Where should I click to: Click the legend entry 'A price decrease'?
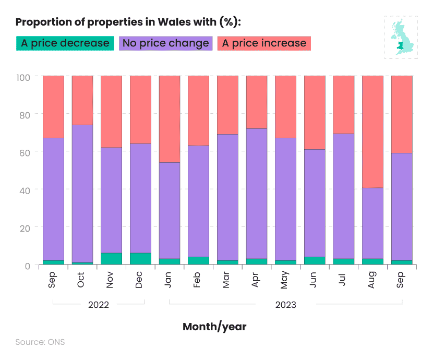[x=65, y=43]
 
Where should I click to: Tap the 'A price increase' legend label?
[x=264, y=43]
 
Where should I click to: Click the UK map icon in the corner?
[x=401, y=37]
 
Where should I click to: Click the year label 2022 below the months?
[x=98, y=305]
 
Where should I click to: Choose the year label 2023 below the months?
[x=285, y=305]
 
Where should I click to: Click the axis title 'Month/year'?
[x=214, y=327]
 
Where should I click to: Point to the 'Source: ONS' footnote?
[x=40, y=342]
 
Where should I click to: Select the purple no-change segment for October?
[x=82, y=193]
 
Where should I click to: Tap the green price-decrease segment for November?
[x=111, y=259]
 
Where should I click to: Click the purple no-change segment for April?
[x=256, y=193]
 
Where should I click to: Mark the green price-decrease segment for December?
[x=140, y=259]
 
